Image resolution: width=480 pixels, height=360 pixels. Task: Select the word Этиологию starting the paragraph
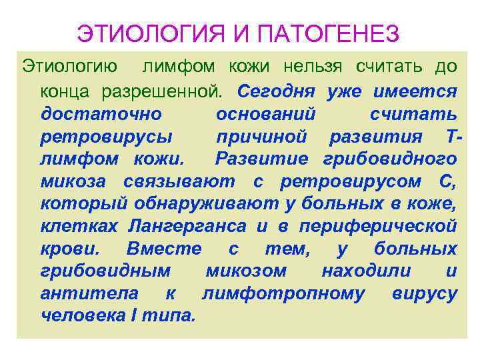(71, 67)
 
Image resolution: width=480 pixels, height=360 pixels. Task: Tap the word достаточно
(97, 113)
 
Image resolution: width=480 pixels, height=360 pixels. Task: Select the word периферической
(378, 226)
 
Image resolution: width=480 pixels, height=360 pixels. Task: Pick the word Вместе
(163, 249)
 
